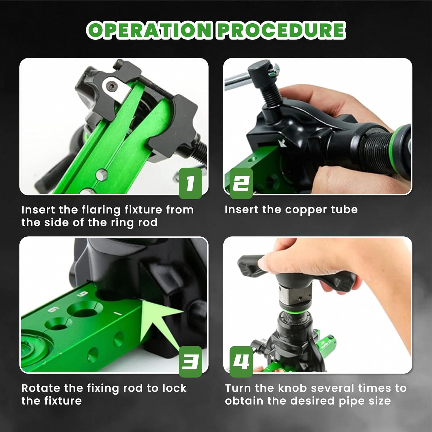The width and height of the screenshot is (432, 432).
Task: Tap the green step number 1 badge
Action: (190, 183)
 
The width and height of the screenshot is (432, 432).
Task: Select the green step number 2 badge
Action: (241, 183)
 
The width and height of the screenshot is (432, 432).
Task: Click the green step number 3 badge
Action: (190, 362)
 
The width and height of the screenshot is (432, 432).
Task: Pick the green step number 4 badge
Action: (241, 362)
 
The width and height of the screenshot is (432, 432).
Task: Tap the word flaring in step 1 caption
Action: (101, 210)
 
